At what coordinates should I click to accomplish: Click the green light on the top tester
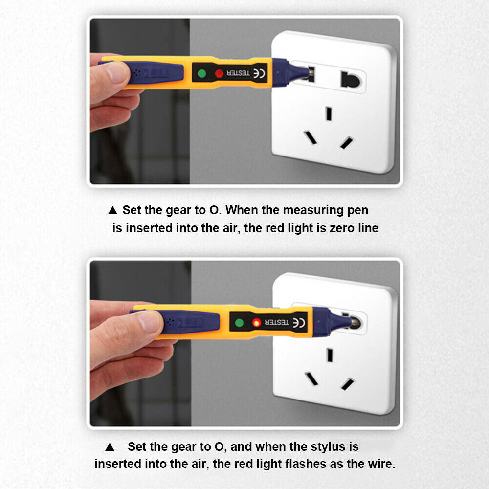click(x=202, y=74)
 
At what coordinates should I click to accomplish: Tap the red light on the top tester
click(x=219, y=74)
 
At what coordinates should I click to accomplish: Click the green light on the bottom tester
click(x=239, y=323)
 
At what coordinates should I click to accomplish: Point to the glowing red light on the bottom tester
click(x=256, y=322)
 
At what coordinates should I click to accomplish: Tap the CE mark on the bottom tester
click(x=298, y=323)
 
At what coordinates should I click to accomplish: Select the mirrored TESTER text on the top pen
click(x=238, y=73)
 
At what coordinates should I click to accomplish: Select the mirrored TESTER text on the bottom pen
click(x=277, y=322)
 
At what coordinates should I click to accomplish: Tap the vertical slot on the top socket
click(x=329, y=113)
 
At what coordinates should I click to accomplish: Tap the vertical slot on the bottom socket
click(x=330, y=356)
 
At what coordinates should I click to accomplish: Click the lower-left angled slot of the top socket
click(x=311, y=137)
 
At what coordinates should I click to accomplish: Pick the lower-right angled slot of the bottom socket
click(x=347, y=384)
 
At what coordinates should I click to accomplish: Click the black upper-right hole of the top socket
click(x=350, y=80)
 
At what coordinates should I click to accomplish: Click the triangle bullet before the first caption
click(x=112, y=210)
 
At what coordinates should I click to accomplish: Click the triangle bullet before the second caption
click(x=110, y=447)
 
